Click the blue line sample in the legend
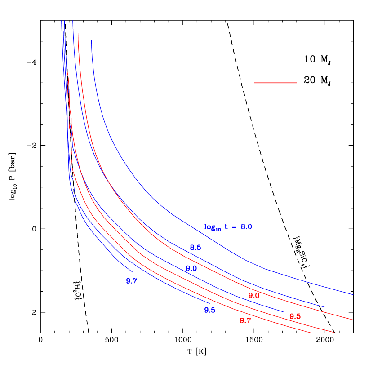click(275, 62)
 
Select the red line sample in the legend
click(275, 83)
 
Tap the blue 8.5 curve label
click(195, 248)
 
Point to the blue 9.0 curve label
click(191, 268)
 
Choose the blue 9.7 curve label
click(132, 281)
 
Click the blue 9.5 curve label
click(210, 310)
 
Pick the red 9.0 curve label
click(254, 296)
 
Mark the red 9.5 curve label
click(295, 316)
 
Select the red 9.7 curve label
click(245, 320)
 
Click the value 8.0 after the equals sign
click(246, 227)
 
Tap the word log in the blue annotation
click(209, 227)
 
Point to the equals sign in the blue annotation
click(234, 227)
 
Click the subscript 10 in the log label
click(218, 230)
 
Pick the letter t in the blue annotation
click(226, 227)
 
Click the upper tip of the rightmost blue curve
click(91, 40)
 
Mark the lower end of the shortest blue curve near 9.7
click(133, 272)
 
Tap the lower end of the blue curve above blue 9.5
click(210, 303)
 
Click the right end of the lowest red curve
click(312, 333)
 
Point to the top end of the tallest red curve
click(78, 33)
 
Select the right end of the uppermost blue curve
click(353, 294)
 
